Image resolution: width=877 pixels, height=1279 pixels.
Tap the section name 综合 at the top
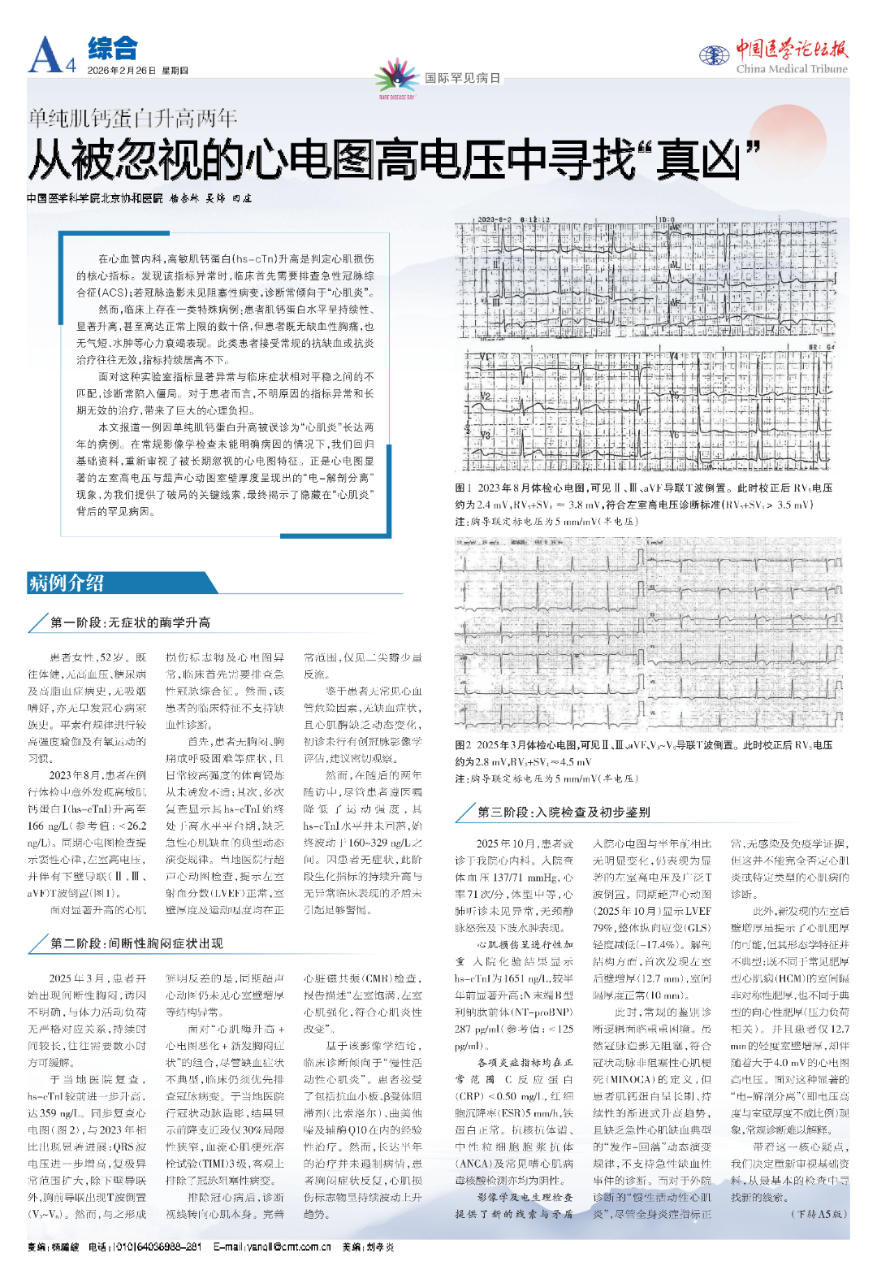point(113,49)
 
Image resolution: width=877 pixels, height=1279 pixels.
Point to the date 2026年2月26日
point(121,71)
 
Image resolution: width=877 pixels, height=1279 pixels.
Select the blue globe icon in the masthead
point(714,55)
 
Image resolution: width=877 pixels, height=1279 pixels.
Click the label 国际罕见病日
point(463,78)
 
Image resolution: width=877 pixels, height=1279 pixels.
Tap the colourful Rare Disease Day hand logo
point(396,78)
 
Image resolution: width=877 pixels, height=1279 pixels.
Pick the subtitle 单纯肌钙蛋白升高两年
point(132,119)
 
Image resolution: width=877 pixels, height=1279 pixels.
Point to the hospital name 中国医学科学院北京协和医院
point(94,198)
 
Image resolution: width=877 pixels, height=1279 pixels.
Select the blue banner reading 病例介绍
point(67,583)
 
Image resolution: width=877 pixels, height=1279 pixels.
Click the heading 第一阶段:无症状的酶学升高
point(130,622)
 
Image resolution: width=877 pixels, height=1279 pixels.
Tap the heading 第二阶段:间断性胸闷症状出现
point(136,943)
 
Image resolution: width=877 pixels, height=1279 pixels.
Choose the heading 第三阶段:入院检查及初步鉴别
point(564,812)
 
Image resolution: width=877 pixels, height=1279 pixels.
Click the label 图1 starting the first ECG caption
point(463,488)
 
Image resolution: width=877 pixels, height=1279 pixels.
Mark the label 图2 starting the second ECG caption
point(463,745)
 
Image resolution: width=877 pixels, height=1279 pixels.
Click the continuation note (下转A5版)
point(819,1214)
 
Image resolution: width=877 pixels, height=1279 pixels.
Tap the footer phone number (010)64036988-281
point(156,1246)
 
